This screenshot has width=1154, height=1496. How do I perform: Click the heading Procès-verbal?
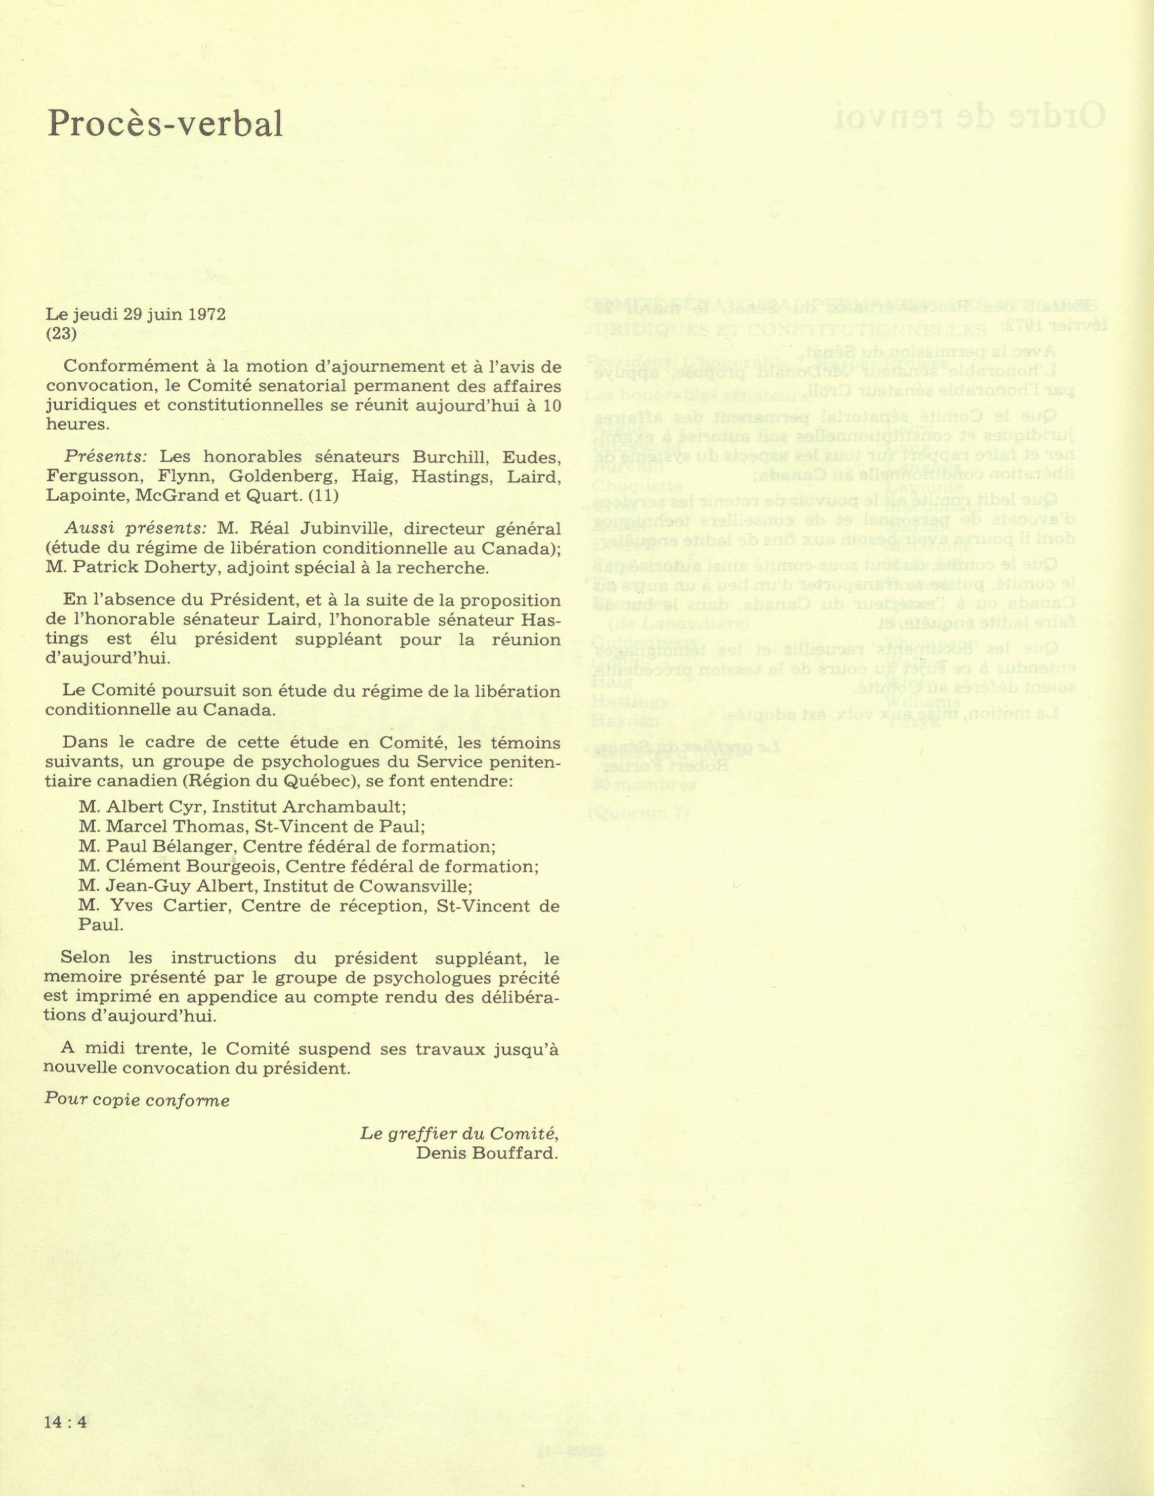click(x=164, y=125)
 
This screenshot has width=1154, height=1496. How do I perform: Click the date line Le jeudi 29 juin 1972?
click(x=136, y=314)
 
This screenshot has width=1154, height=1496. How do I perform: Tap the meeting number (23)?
click(x=61, y=334)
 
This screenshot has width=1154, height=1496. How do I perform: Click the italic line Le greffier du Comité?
click(x=459, y=1132)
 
